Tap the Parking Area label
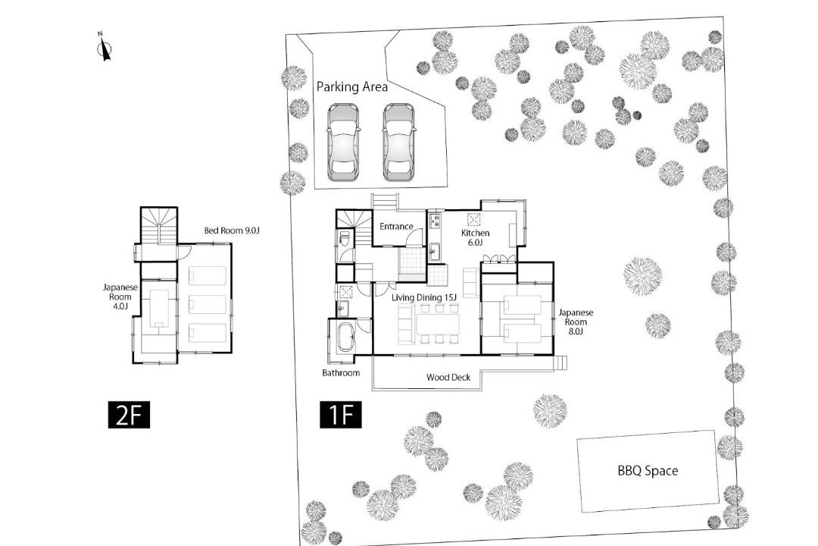pos(352,86)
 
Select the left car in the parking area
pos(343,142)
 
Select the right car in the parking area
pos(398,142)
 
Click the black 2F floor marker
pos(129,415)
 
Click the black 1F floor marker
pos(341,415)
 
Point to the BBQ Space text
pos(648,471)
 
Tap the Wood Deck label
pos(448,377)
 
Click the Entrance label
pos(396,227)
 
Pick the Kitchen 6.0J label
pos(475,237)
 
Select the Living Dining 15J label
pos(424,298)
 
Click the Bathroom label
pos(341,373)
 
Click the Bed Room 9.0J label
pos(231,231)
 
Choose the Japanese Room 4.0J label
pos(120,297)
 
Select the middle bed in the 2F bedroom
pos(207,304)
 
